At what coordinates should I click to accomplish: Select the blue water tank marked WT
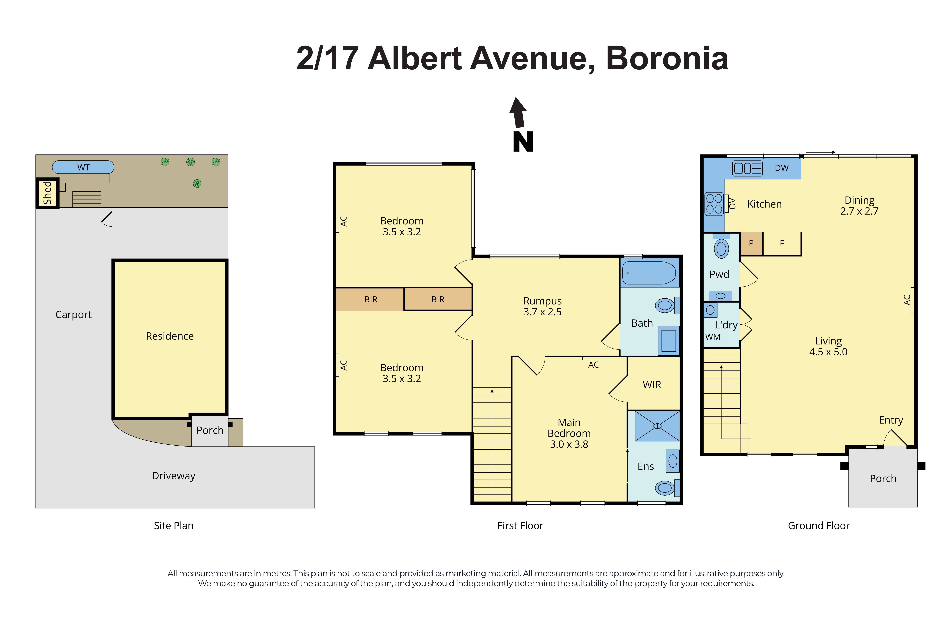point(83,167)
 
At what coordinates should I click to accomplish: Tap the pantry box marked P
point(751,243)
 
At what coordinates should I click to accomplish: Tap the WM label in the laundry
point(712,337)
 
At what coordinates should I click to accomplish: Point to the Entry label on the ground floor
point(891,420)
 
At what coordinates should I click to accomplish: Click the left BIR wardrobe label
point(370,300)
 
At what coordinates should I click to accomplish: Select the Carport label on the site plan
point(73,315)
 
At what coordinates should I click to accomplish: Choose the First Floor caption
point(520,526)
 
